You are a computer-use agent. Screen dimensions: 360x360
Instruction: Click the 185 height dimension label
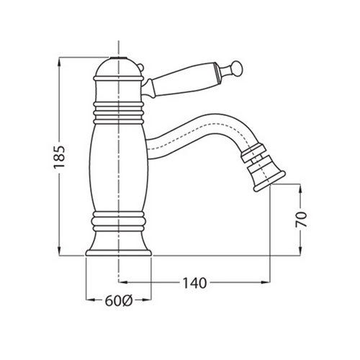coord(59,157)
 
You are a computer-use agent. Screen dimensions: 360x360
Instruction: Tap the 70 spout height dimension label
coord(301,220)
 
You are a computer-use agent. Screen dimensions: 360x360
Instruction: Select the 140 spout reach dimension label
coord(194,283)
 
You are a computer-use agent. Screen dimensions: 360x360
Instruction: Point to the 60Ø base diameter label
coord(119,301)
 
